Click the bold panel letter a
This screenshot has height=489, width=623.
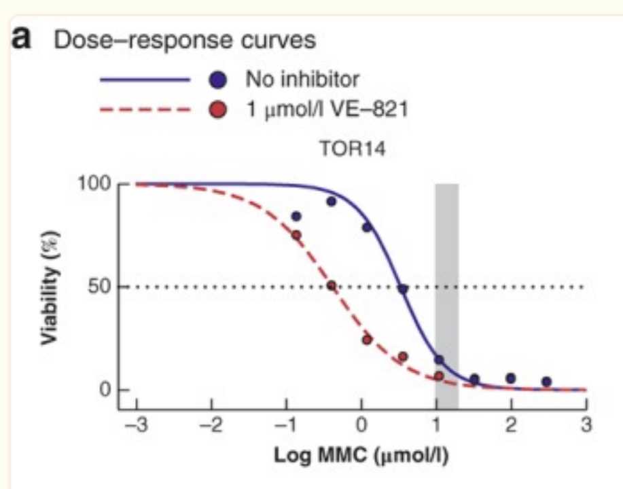tap(22, 39)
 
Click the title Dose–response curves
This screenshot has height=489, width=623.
tap(185, 40)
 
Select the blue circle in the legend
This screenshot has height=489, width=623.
tap(217, 80)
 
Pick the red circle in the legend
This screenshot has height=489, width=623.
tap(217, 109)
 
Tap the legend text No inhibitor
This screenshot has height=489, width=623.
tap(302, 80)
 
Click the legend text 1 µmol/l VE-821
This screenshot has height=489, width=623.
tap(327, 109)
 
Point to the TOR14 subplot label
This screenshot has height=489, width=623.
tap(352, 151)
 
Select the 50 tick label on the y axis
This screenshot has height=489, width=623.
tap(98, 287)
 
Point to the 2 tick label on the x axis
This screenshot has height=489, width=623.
tap(512, 426)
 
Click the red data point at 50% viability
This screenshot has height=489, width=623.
tap(332, 286)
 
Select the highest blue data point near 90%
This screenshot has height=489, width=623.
tap(332, 202)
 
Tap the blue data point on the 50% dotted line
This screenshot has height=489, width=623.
tap(403, 289)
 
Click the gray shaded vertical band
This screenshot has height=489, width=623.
tap(446, 285)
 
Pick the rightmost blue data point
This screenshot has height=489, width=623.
tap(546, 382)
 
